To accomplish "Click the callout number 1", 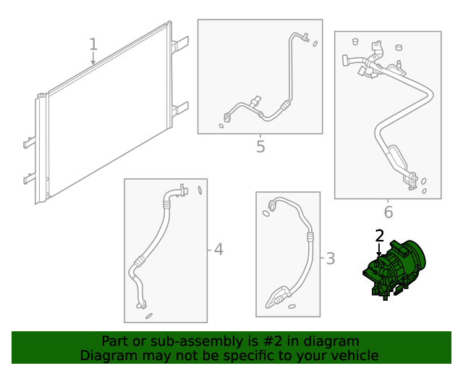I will click(93, 44).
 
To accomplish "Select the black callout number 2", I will click(379, 235).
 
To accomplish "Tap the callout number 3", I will click(330, 259).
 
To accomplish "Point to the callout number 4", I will click(218, 250).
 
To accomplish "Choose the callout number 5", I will click(260, 147).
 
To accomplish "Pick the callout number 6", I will click(388, 212).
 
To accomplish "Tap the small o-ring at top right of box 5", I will click(315, 43).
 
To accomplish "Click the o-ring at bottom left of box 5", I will click(221, 126).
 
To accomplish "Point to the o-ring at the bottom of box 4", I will click(149, 315).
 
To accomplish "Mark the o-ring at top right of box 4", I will click(198, 191).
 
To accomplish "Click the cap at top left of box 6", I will click(355, 41).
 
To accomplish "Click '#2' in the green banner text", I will click(286, 341).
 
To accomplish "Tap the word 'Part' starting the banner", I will click(115, 341).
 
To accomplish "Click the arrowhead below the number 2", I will click(378, 254).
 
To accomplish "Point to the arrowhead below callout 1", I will click(93, 62).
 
